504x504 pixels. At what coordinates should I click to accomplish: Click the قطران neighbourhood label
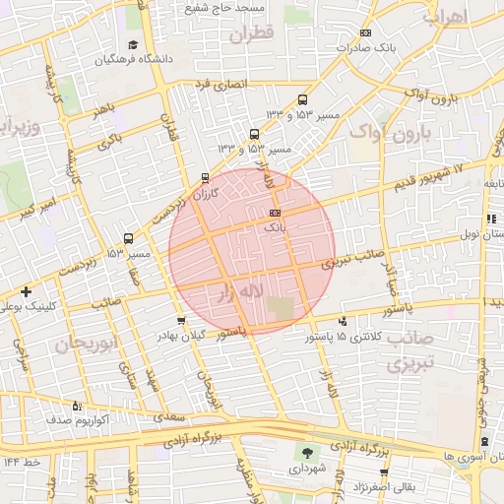pos(250,31)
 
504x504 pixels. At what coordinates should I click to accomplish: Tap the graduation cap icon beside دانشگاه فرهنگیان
pos(132,44)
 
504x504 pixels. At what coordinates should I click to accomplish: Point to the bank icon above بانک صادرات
pos(366,32)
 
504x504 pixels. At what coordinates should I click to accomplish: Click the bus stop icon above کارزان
pos(205,178)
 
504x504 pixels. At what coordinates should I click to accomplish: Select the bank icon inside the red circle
pos(275,213)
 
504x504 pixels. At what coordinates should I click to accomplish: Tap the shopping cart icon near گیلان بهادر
pos(180,321)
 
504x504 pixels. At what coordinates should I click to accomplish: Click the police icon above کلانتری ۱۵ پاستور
pos(343,321)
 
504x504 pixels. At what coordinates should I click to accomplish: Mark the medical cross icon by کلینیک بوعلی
pos(26,291)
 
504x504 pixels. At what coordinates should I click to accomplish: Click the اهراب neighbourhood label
pos(445,18)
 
